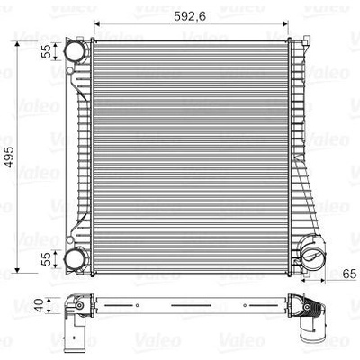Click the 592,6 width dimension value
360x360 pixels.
coord(190,16)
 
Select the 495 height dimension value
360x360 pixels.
coord(9,157)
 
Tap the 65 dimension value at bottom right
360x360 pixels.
coord(349,274)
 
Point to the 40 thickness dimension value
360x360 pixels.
coord(40,305)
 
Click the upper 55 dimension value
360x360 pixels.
coord(47,51)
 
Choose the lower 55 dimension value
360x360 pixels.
coord(47,259)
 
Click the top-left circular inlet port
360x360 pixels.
coord(74,51)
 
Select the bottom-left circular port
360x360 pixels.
coord(74,259)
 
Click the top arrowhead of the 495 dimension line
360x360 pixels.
coord(17,44)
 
